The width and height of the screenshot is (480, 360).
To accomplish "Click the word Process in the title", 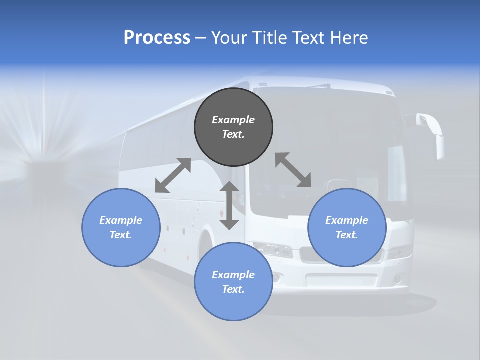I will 157,38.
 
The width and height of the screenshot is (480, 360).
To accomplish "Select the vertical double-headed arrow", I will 229,206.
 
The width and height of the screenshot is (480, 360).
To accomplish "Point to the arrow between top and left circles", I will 173,175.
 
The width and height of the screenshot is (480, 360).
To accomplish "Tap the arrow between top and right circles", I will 293,170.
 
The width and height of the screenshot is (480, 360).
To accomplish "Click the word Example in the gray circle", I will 233,120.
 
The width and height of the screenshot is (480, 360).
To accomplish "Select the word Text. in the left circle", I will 121,235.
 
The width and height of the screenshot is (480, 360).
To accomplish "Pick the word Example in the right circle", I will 347,220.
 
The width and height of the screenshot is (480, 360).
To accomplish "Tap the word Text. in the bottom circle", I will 233,289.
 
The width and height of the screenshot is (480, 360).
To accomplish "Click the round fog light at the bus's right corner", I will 397,279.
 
